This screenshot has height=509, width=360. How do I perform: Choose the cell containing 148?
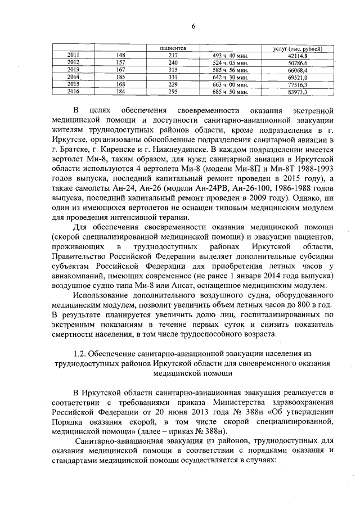point(120,56)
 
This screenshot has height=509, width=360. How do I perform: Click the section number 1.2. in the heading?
point(80,353)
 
